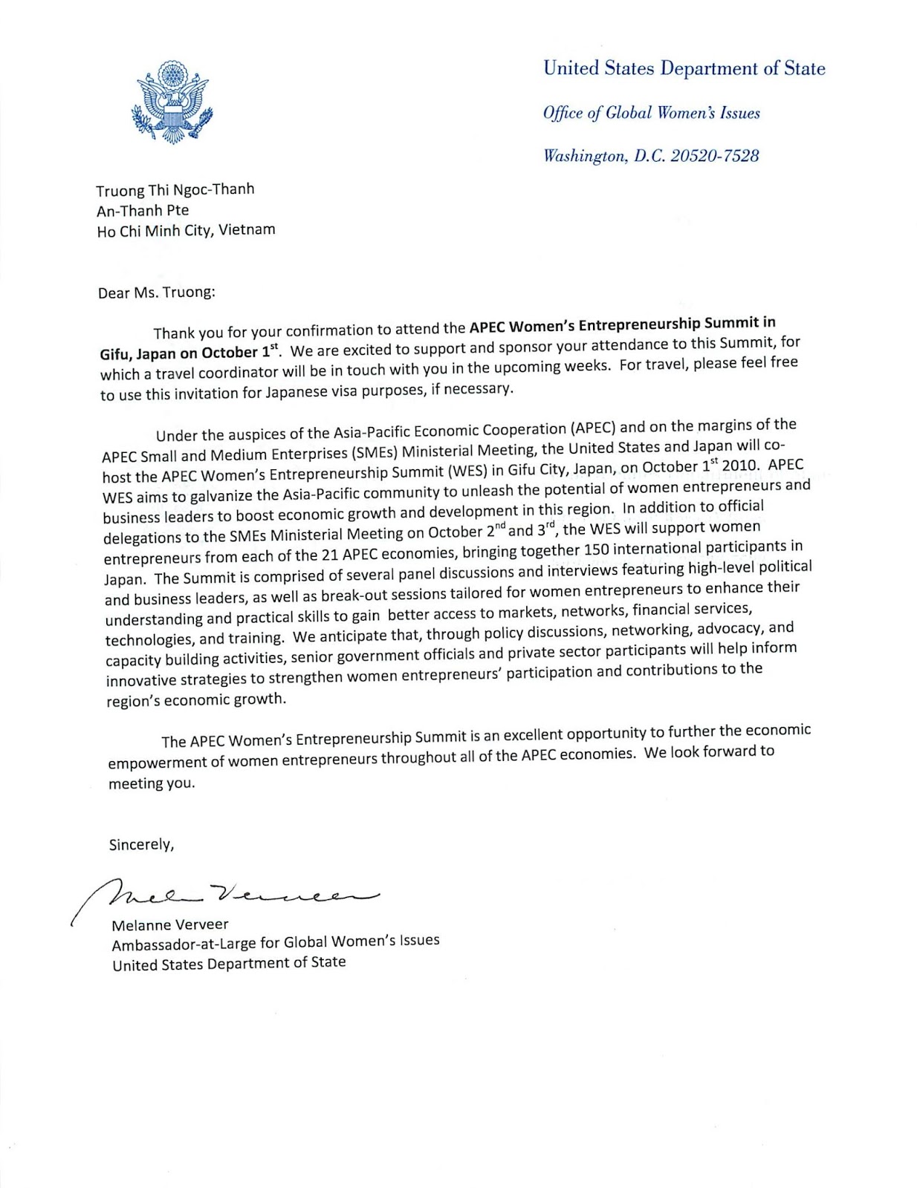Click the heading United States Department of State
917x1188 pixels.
[x=684, y=68]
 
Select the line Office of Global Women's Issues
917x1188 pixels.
[x=651, y=113]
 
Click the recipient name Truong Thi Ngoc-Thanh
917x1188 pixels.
[x=175, y=190]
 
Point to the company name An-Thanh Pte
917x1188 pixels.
[x=143, y=210]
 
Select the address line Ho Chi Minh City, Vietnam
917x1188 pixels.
[x=186, y=230]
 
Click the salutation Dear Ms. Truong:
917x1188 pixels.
[x=156, y=292]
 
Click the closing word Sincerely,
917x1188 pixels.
[x=141, y=845]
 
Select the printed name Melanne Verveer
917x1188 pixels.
[x=170, y=925]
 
